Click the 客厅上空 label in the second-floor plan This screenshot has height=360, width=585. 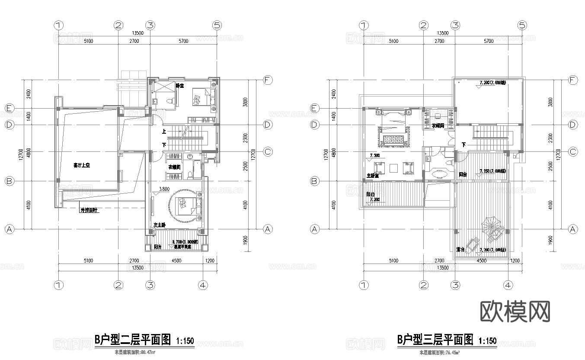(81, 165)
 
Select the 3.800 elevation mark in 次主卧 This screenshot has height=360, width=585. (164, 189)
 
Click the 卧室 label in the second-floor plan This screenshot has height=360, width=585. (180, 86)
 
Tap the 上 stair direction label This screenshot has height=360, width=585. (164, 131)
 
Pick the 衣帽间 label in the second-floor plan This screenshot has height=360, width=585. (174, 167)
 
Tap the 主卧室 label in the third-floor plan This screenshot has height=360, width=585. (373, 176)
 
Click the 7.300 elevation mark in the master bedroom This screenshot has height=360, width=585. (374, 155)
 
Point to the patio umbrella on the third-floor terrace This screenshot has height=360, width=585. (493, 228)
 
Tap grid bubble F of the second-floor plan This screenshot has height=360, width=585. (268, 80)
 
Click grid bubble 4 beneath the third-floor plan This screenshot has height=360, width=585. (508, 285)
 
